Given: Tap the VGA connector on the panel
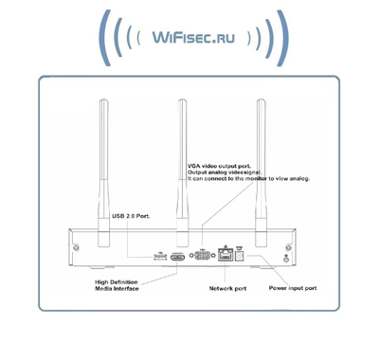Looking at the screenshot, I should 201,254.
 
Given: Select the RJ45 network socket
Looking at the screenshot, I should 226,254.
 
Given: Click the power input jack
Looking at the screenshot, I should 244,254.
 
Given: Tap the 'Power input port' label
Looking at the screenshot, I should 292,286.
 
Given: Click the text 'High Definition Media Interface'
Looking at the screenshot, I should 117,285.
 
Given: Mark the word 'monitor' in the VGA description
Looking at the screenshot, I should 264,178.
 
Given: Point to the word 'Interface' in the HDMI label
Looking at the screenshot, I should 127,289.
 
